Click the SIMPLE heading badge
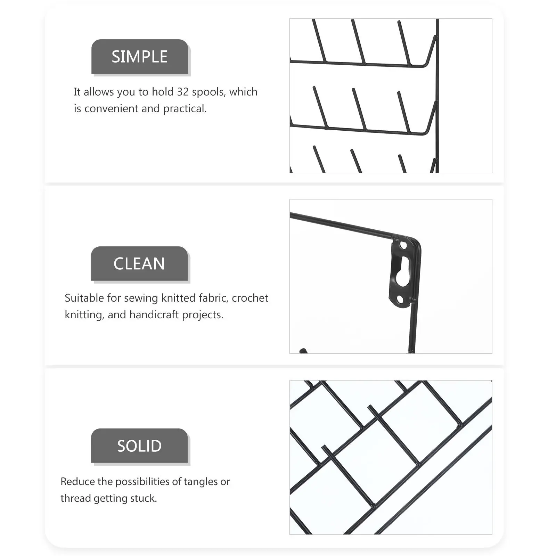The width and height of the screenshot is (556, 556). [x=140, y=57]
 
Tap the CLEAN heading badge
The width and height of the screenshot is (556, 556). [x=139, y=264]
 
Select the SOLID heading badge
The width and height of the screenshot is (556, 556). [x=139, y=446]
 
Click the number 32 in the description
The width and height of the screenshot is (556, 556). [x=183, y=92]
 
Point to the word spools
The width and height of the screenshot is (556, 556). [x=208, y=92]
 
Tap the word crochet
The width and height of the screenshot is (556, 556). [x=250, y=298]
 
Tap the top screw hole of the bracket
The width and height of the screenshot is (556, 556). [x=403, y=245]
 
